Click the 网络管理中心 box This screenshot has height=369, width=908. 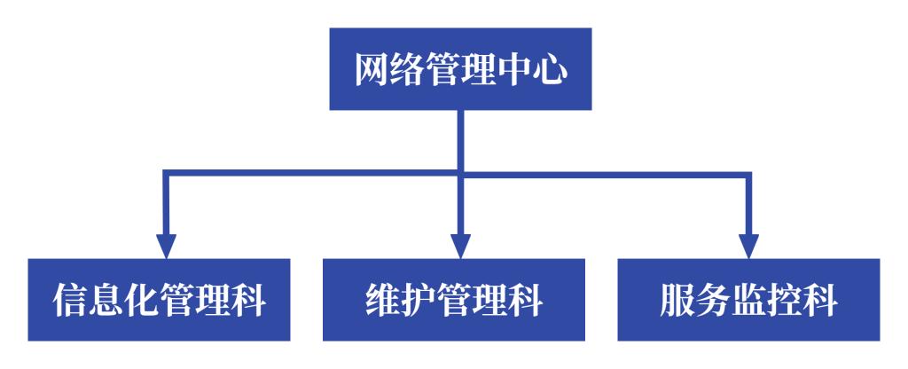coord(460,69)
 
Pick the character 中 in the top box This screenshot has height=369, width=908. coord(513,70)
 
